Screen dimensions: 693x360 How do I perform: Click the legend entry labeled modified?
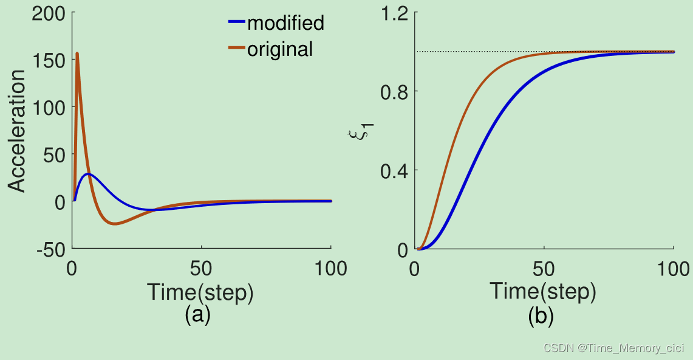coord(276,23)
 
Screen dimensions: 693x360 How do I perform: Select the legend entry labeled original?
coord(270,49)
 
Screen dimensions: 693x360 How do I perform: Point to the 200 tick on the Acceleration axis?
coord(48,14)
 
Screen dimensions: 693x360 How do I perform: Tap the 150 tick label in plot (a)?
coord(48,61)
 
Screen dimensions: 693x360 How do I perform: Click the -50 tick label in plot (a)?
coord(51,251)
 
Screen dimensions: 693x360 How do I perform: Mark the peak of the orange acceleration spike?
coord(77,54)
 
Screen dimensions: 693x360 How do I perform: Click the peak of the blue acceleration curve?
coord(89,174)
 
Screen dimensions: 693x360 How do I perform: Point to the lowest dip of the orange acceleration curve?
coord(114,224)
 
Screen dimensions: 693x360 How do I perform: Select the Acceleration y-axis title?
coord(17,131)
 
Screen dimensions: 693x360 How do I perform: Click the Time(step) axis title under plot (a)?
coord(200,292)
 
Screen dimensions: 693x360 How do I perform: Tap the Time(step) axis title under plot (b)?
coord(543,291)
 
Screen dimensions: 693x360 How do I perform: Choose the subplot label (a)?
coord(197,315)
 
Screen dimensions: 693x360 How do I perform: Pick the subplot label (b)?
coord(541,315)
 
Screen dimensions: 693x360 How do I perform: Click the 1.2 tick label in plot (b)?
coord(394,14)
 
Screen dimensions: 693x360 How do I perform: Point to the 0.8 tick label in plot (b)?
coord(394,92)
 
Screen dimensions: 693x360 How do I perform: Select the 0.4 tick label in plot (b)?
coord(394,171)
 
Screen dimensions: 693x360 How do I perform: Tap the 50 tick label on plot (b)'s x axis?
coord(544,268)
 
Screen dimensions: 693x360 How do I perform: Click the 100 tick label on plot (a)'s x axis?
coord(330,268)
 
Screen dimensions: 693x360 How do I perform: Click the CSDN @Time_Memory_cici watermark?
coord(614,348)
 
